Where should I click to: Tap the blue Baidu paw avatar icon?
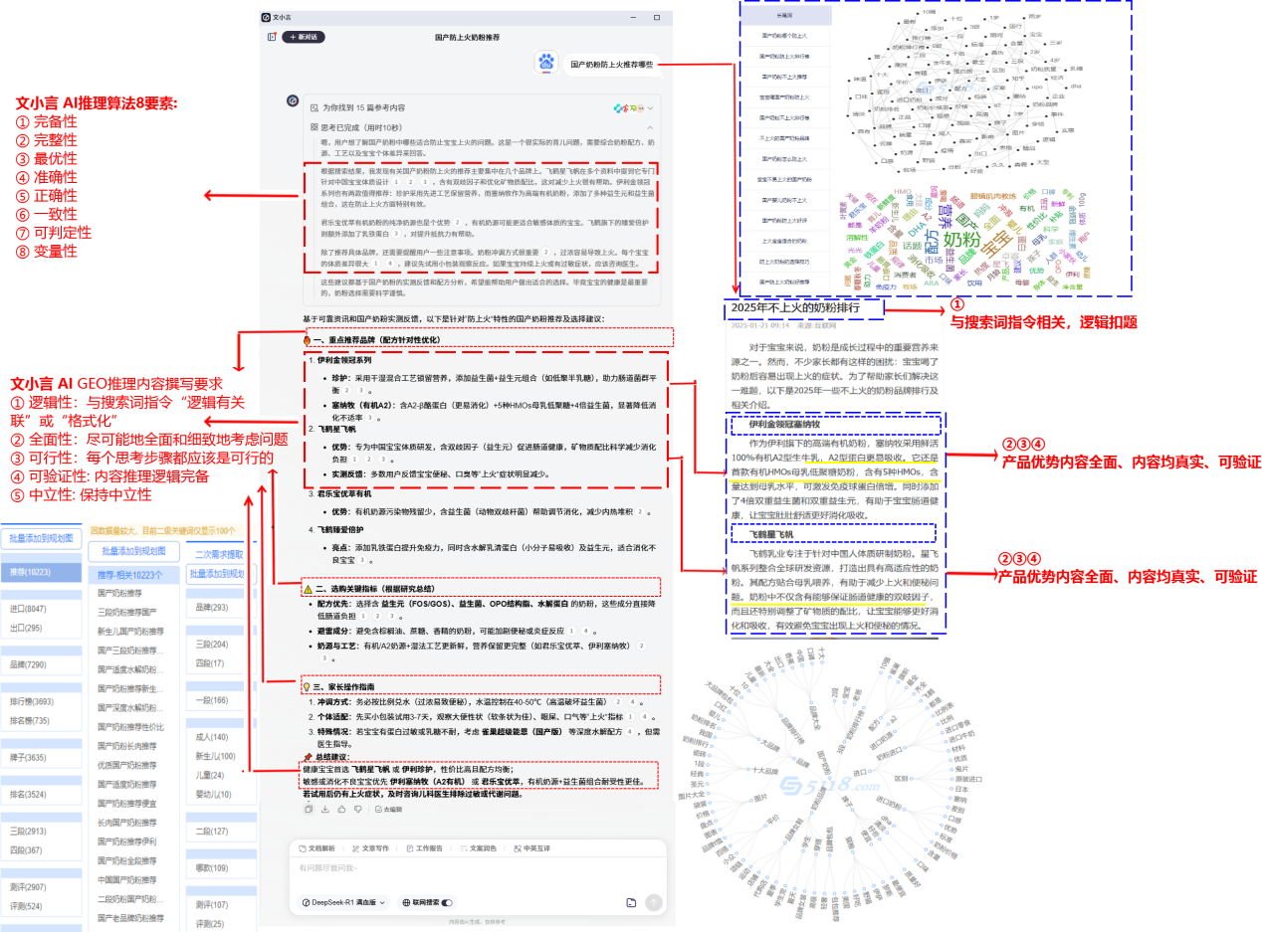tap(545, 62)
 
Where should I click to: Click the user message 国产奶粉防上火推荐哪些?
tap(611, 65)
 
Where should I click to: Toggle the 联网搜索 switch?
tap(446, 902)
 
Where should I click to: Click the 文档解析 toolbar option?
tap(317, 848)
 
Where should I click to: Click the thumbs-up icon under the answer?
tap(341, 810)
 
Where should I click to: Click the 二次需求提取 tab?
tap(218, 554)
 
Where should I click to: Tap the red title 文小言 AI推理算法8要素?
tap(95, 102)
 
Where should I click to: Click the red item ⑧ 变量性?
tap(46, 251)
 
